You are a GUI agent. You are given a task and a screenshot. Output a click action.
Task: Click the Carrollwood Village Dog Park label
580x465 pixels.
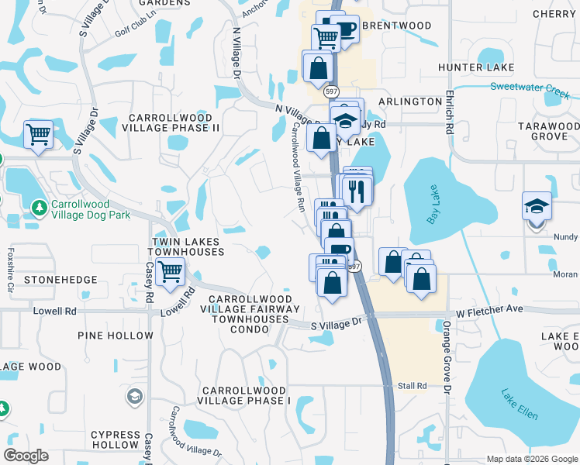(x=90, y=210)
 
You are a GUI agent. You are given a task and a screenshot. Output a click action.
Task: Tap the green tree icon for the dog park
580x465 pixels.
(x=40, y=207)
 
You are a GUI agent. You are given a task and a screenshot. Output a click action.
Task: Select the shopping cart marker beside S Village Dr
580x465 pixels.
(x=38, y=136)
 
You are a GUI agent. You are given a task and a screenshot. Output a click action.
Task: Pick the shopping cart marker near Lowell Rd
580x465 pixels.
(x=169, y=272)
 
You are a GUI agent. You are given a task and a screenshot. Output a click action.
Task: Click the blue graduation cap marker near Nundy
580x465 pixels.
(x=537, y=207)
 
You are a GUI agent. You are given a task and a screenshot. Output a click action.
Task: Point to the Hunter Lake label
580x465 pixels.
(x=471, y=68)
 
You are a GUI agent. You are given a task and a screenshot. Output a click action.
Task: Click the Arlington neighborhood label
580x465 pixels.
(x=410, y=102)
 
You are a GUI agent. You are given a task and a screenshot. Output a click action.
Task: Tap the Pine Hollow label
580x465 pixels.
(x=116, y=336)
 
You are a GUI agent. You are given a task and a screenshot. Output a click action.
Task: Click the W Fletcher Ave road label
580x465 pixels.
(x=489, y=311)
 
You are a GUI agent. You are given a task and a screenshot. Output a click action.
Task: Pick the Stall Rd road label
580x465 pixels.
(x=413, y=385)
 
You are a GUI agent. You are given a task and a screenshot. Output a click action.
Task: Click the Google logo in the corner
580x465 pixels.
(x=27, y=456)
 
